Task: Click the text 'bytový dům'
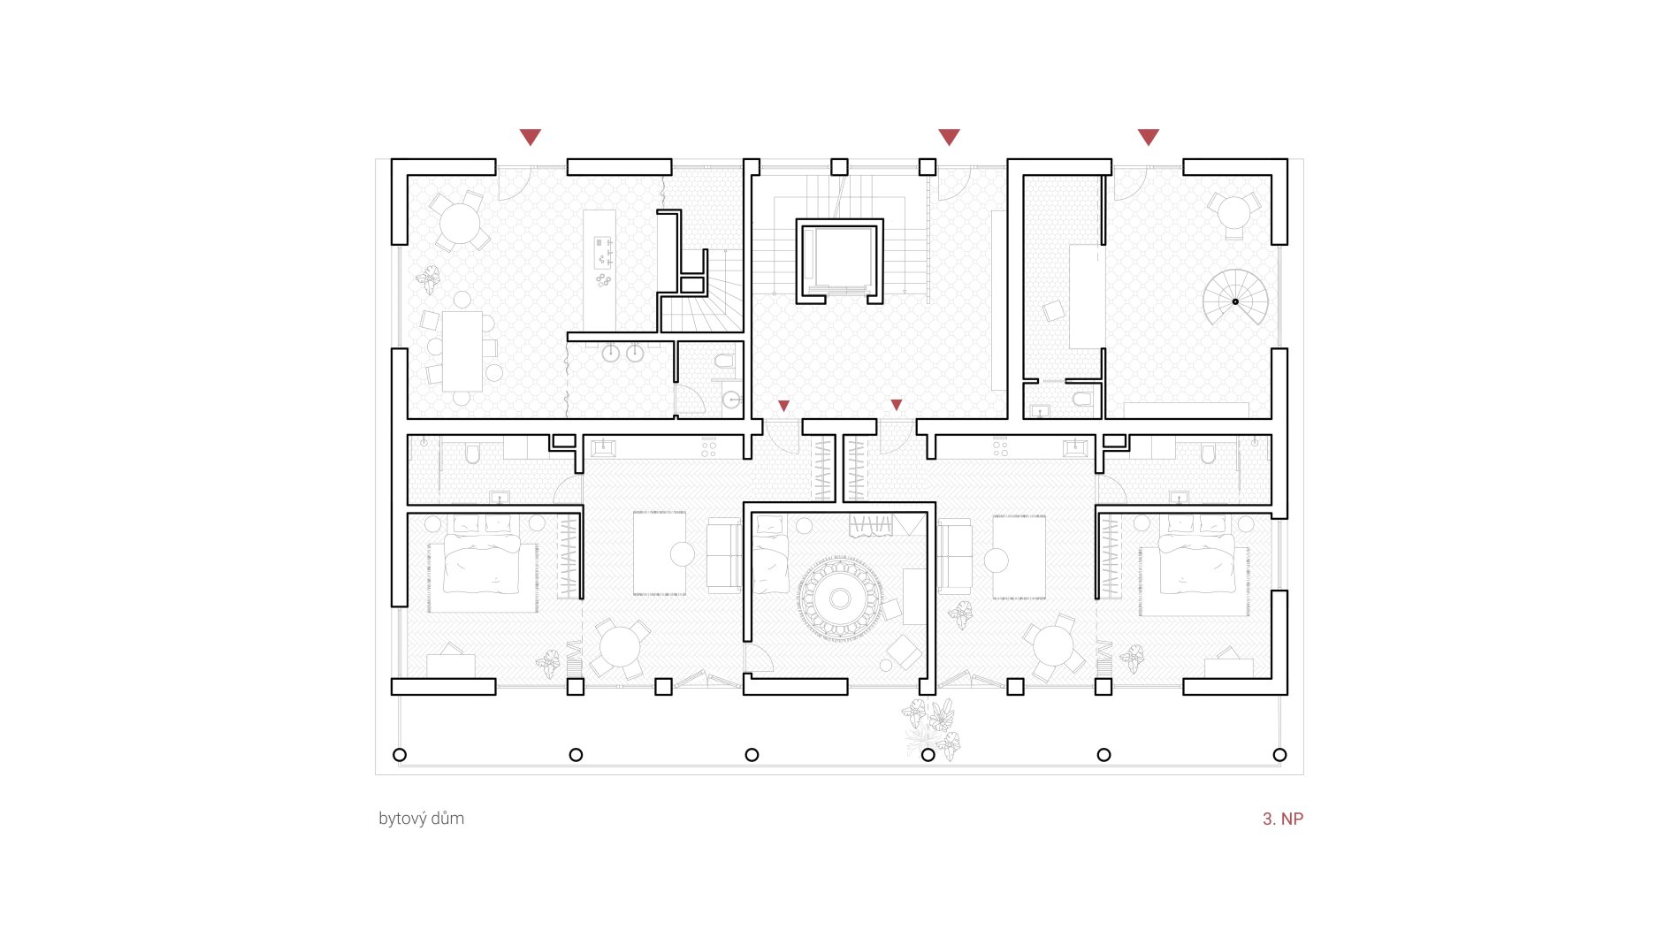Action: pyautogui.click(x=421, y=819)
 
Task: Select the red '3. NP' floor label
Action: pyautogui.click(x=1283, y=819)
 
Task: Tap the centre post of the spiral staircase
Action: pyautogui.click(x=1235, y=301)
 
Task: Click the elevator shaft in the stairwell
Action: pyautogui.click(x=840, y=262)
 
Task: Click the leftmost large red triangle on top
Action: pyautogui.click(x=530, y=137)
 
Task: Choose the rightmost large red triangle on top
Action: pyautogui.click(x=1148, y=137)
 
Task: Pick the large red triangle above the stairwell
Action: pyautogui.click(x=949, y=137)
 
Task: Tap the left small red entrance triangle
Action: pyautogui.click(x=783, y=406)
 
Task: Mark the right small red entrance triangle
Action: pyautogui.click(x=897, y=405)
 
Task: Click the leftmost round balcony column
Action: pyautogui.click(x=400, y=755)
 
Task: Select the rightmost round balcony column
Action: pyautogui.click(x=1279, y=755)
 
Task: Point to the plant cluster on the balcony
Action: pyautogui.click(x=932, y=728)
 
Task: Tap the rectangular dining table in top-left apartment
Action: pyautogui.click(x=462, y=351)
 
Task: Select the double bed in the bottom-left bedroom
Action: pyautogui.click(x=483, y=563)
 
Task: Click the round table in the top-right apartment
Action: pyautogui.click(x=1233, y=212)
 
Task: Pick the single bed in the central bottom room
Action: pyautogui.click(x=770, y=554)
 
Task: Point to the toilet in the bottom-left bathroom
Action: pyautogui.click(x=472, y=454)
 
